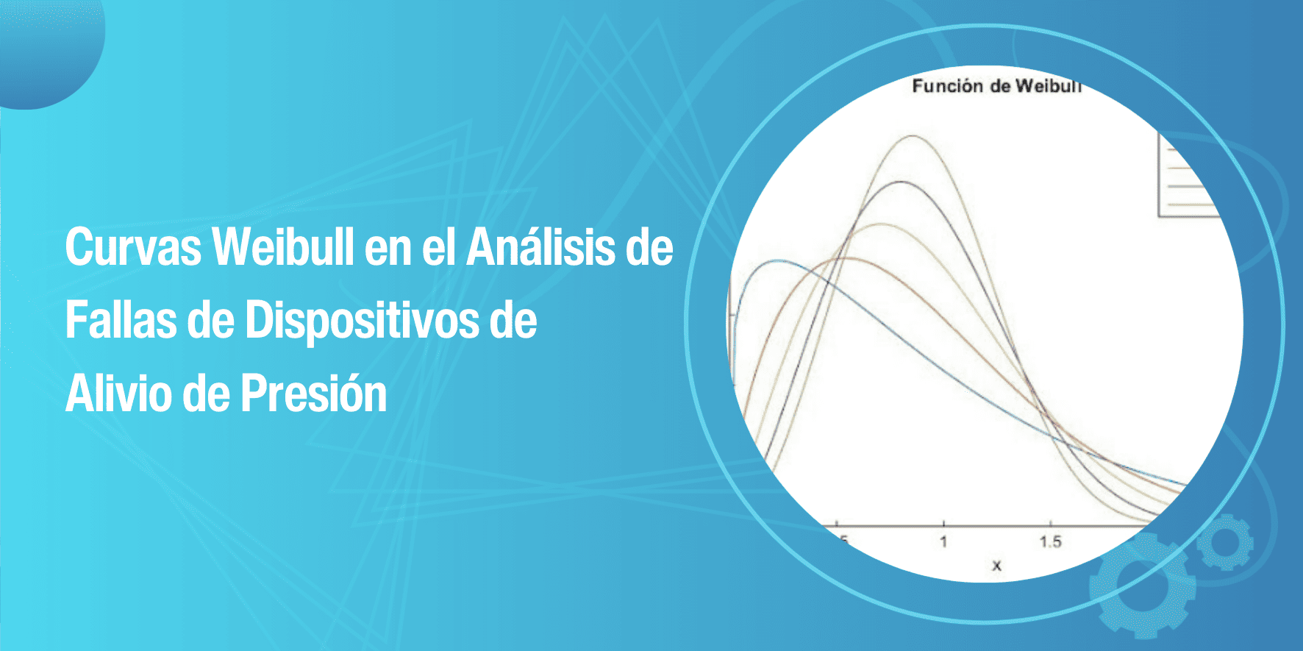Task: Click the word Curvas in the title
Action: click(x=133, y=247)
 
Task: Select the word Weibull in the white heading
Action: click(x=285, y=247)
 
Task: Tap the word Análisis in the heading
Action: click(x=541, y=247)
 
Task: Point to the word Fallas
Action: click(x=121, y=321)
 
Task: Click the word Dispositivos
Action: click(x=362, y=321)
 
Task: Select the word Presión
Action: click(x=313, y=394)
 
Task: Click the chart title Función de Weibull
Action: click(x=996, y=86)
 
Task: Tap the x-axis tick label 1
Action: click(x=943, y=542)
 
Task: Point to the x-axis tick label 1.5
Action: click(x=1050, y=542)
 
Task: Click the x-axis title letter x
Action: click(x=996, y=566)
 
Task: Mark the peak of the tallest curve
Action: click(x=913, y=136)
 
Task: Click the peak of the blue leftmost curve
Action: click(x=776, y=261)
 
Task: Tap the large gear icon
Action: click(x=1142, y=585)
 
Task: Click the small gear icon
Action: click(x=1224, y=543)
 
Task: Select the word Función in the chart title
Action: click(x=948, y=86)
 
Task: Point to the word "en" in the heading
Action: click(x=388, y=247)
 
